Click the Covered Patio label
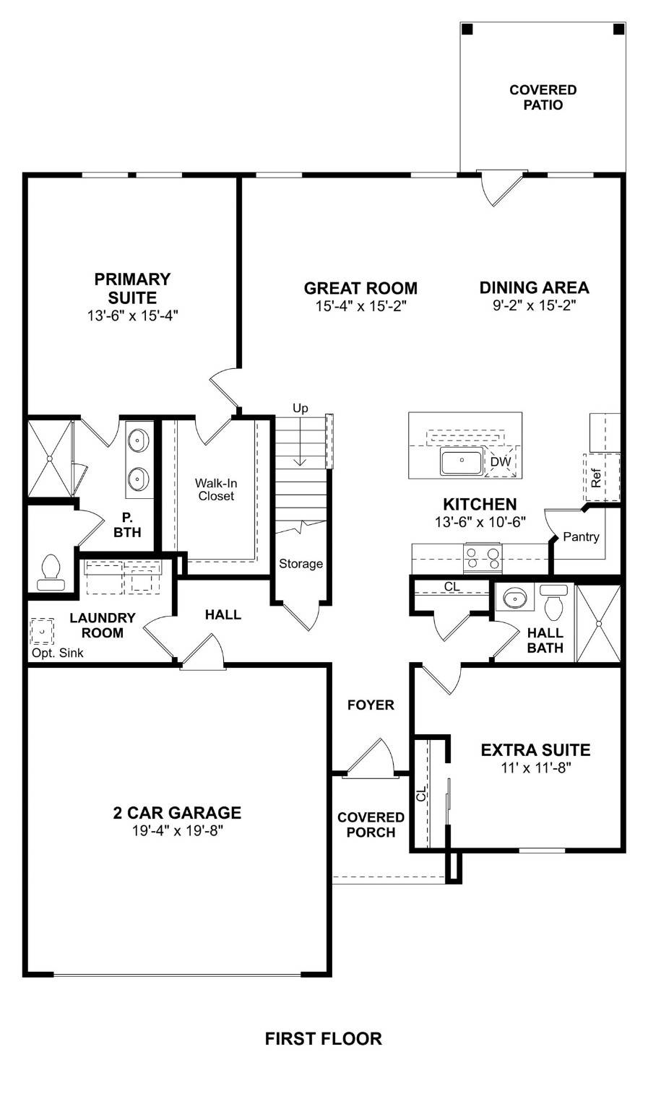point(543,97)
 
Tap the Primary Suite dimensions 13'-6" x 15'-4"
point(132,316)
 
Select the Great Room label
point(360,288)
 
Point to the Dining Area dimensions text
point(534,305)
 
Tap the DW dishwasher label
point(500,462)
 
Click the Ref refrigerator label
point(596,479)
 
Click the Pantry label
point(581,537)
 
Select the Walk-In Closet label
point(216,490)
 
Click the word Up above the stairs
point(300,409)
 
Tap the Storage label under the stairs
point(301,564)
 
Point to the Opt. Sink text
point(57,653)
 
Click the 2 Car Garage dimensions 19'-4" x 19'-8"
point(177,831)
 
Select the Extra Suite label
point(535,750)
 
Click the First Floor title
point(323,1039)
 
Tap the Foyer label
point(371,705)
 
